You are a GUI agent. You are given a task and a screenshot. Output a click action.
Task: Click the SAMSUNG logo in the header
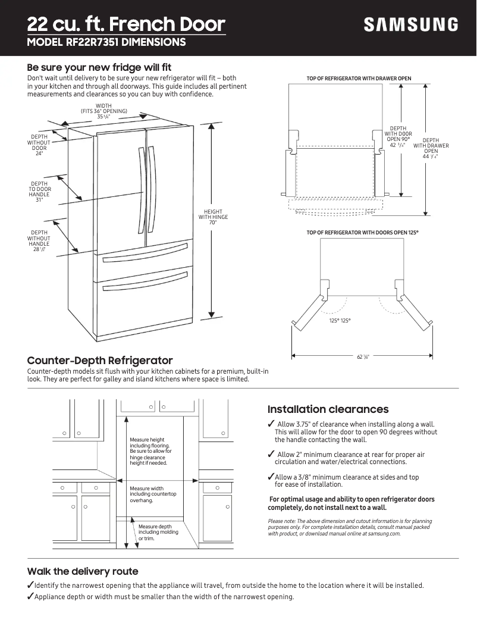411,24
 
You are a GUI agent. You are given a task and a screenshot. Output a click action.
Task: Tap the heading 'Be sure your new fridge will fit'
99,67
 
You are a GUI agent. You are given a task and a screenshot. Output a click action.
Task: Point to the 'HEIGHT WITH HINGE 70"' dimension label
213,217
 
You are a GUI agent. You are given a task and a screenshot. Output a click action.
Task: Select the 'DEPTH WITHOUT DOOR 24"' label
39,145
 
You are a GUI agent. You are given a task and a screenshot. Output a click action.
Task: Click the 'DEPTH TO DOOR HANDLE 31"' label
39,192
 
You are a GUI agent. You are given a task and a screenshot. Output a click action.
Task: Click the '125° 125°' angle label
340,321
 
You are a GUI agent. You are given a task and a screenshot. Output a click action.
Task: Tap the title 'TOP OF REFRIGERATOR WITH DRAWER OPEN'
359,79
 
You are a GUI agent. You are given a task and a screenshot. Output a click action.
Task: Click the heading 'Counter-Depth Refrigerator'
100,361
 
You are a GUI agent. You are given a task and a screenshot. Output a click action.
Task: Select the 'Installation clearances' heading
328,409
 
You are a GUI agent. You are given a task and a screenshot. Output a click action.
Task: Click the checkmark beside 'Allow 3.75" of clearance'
271,424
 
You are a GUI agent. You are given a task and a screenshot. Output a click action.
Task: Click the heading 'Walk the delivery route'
83,571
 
